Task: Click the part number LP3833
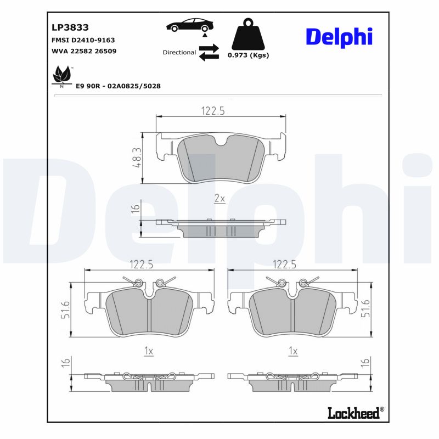coord(70,27)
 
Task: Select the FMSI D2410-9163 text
coord(83,40)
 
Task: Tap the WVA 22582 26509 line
coord(84,51)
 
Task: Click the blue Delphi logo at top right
coord(339,37)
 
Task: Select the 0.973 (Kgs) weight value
coord(248,55)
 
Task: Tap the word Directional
coord(179,53)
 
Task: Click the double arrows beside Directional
coord(209,53)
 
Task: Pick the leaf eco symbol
coord(61,76)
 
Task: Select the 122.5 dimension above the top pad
coord(212,111)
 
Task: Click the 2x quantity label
coord(219,199)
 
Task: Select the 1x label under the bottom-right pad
coord(292,351)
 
